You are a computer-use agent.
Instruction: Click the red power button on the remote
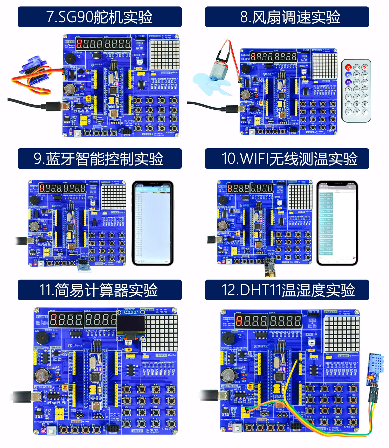348,67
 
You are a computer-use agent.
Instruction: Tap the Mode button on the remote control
357,67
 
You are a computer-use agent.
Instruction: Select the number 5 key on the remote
357,104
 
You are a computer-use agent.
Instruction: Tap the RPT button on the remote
357,90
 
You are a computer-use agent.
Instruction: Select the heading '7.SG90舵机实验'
100,17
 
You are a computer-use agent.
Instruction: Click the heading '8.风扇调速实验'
287,17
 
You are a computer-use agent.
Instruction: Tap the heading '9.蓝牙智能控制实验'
100,159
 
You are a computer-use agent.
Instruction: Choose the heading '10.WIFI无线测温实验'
287,159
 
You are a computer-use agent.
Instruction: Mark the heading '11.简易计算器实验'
100,290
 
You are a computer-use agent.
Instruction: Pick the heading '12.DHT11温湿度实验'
287,290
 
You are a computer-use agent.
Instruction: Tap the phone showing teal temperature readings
337,223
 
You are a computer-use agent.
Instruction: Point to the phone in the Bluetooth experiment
153,223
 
